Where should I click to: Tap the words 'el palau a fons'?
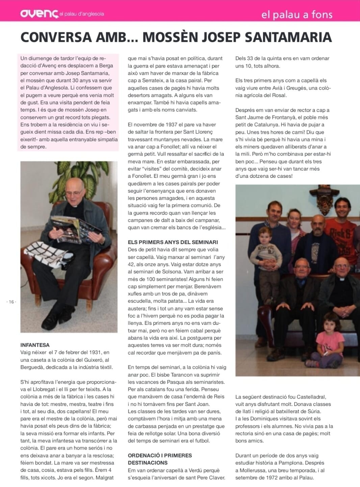pos(297,15)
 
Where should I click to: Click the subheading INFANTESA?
pos(35,345)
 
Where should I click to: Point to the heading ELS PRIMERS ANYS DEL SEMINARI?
pos(173,242)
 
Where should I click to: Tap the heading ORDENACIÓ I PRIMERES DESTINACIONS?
pos(160,459)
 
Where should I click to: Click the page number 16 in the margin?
pos(11,302)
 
